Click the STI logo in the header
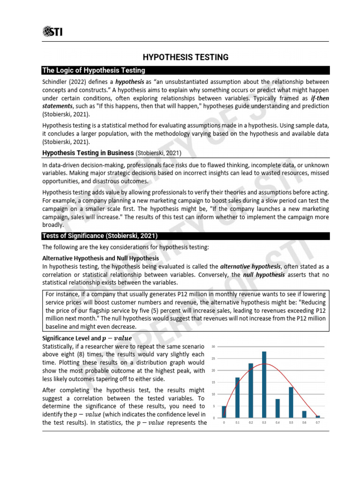pyautogui.click(x=52, y=32)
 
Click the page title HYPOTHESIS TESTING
pyautogui.click(x=186, y=57)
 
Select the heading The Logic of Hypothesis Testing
pyautogui.click(x=94, y=70)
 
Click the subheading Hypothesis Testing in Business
pyautogui.click(x=88, y=153)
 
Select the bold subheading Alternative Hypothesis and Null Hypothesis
pyautogui.click(x=100, y=258)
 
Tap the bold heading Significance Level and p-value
pyautogui.click(x=87, y=338)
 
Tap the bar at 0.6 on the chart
pyautogui.click(x=304, y=414)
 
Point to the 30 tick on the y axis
pyautogui.click(x=213, y=347)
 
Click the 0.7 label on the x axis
pyautogui.click(x=317, y=423)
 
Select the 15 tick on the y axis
pyautogui.click(x=213, y=382)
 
